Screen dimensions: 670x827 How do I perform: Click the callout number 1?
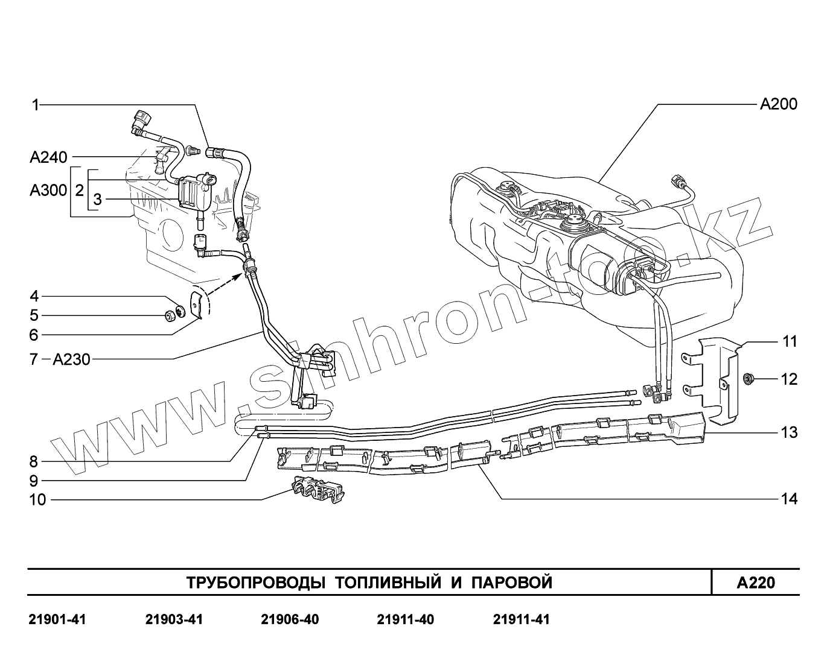coord(35,106)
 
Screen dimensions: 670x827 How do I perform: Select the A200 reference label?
coord(778,104)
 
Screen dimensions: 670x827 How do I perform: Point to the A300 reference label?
coord(48,191)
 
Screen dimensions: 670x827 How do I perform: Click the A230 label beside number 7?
coord(71,360)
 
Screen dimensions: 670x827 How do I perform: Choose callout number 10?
coord(37,500)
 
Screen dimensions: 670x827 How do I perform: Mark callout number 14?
coord(789,499)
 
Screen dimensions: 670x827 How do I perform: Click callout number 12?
coord(789,379)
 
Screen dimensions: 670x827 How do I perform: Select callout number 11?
coord(790,341)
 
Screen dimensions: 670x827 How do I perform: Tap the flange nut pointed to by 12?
coord(747,379)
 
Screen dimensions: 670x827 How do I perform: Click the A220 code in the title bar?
coord(755,583)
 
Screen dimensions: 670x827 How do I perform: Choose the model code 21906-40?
coord(290,620)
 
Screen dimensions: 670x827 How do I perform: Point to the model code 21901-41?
coord(57,620)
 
